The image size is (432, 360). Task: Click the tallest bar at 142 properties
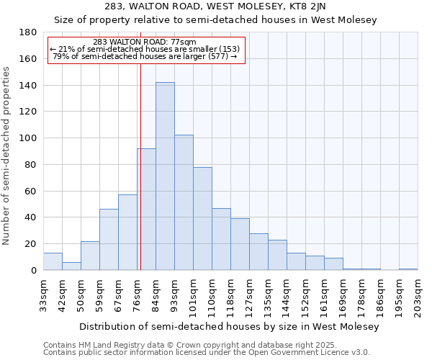tap(165, 176)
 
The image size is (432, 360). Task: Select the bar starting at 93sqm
tap(184, 202)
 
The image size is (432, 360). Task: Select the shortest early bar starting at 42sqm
tap(71, 266)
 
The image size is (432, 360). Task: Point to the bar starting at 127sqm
tap(258, 251)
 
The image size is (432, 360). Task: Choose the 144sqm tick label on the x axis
tap(287, 296)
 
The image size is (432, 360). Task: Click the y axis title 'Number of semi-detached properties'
tap(7, 156)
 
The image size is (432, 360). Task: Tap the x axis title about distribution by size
tap(228, 326)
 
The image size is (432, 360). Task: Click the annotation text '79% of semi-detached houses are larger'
tap(145, 56)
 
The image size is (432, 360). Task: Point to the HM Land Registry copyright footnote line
tap(189, 345)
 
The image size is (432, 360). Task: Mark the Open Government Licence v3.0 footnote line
tap(207, 352)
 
